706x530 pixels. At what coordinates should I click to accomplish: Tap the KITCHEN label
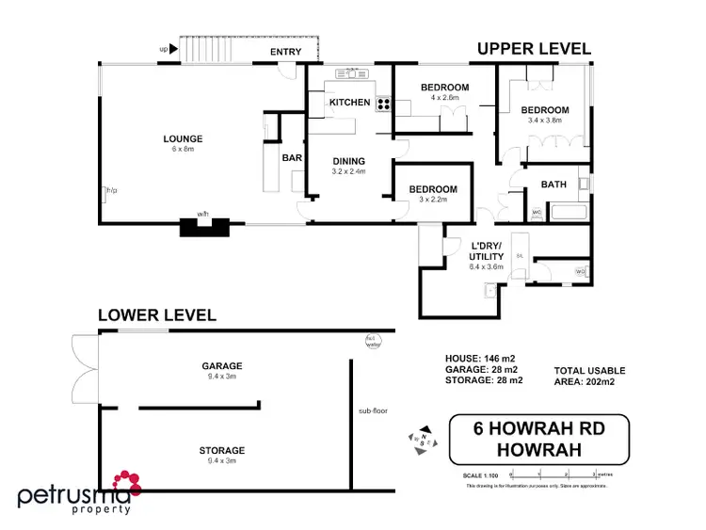click(348, 102)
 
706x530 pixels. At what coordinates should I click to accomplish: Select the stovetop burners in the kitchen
click(383, 104)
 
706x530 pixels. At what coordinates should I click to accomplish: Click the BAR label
click(292, 158)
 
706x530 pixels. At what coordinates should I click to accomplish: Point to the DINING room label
click(347, 160)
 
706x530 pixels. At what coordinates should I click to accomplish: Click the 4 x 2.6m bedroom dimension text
click(444, 98)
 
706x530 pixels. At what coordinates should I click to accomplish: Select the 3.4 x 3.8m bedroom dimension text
click(545, 120)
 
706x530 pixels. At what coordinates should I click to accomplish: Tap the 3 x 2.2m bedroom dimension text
click(432, 200)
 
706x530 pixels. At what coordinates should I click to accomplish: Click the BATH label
click(553, 185)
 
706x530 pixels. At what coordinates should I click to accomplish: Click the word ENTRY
click(286, 52)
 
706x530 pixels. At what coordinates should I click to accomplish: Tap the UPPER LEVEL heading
click(533, 48)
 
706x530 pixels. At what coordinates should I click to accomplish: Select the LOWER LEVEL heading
click(157, 315)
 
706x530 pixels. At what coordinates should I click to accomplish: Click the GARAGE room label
click(221, 366)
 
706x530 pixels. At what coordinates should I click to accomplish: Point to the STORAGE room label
click(221, 451)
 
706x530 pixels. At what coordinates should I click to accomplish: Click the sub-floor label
click(373, 411)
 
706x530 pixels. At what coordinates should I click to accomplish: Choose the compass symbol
click(422, 438)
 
